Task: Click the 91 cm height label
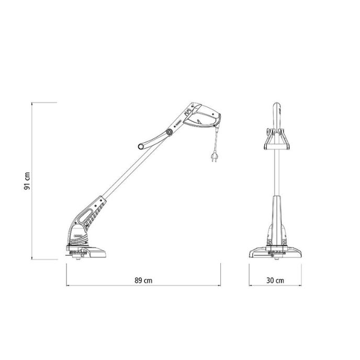pyautogui.click(x=27, y=181)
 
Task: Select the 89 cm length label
pyautogui.click(x=143, y=280)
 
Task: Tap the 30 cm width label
pyautogui.click(x=275, y=280)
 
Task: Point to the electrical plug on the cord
pyautogui.click(x=214, y=156)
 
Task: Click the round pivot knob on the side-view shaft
pyautogui.click(x=170, y=132)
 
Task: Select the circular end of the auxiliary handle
pyautogui.click(x=141, y=147)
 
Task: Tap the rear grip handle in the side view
pyautogui.click(x=202, y=116)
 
